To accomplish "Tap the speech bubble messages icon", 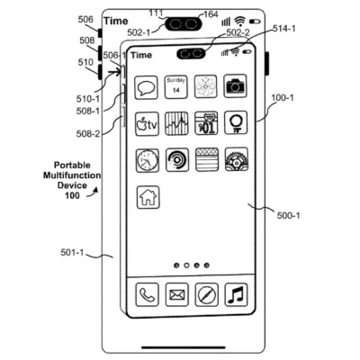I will (148, 88).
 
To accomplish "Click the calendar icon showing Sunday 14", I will (177, 87).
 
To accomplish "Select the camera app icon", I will (235, 87).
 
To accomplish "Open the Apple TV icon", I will (148, 124).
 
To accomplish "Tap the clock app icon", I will (148, 160).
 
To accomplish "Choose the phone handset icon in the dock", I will (148, 293).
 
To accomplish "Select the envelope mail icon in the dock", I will (177, 293).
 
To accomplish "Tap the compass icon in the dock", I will (206, 293).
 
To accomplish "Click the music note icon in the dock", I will (236, 293).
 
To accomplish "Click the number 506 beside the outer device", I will (85, 19).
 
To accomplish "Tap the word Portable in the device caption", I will (72, 164).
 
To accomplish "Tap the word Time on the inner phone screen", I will (141, 55).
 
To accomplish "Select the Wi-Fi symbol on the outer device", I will (239, 20).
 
